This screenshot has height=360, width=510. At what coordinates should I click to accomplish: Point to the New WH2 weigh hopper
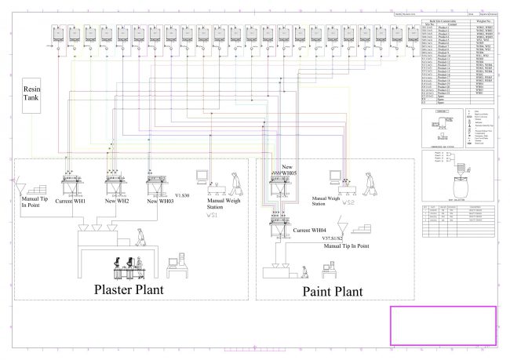coord(116,183)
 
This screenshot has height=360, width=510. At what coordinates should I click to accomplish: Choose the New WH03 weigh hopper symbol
coord(158,183)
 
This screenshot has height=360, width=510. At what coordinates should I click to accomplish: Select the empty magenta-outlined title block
coord(443,324)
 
